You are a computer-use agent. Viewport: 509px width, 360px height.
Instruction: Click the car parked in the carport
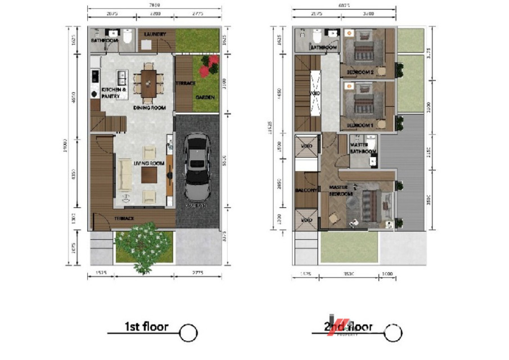tap(197, 166)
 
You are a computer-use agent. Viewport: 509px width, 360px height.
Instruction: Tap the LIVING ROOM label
tap(149, 164)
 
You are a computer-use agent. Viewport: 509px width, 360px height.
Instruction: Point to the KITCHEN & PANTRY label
tap(113, 93)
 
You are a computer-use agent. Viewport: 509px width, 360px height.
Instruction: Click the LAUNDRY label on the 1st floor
tap(155, 34)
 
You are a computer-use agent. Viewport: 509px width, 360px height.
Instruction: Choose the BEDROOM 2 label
tap(360, 73)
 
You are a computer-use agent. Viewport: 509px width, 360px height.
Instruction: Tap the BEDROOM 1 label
tap(360, 125)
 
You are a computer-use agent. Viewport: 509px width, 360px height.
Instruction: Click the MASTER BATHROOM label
tap(363, 148)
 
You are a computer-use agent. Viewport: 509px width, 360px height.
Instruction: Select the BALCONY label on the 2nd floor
tap(307, 190)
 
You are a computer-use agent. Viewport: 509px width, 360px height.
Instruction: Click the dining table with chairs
tap(149, 83)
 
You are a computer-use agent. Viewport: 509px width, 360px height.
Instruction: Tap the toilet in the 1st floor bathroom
tap(128, 37)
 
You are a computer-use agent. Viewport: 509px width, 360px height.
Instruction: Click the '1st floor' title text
tap(146, 327)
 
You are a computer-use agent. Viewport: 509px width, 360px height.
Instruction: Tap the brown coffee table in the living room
tap(149, 175)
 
